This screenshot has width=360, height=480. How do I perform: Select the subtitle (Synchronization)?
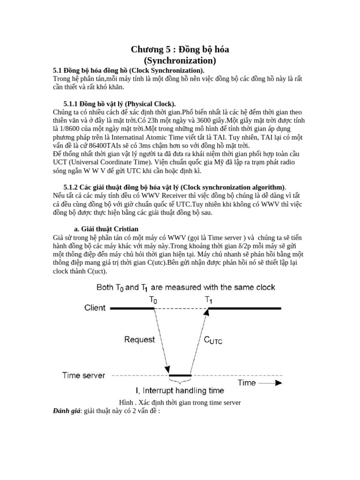(x=180, y=60)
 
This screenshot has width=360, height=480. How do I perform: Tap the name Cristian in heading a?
(x=124, y=228)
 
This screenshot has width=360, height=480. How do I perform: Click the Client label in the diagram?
(x=95, y=308)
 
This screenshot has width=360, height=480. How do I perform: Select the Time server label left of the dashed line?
(x=84, y=375)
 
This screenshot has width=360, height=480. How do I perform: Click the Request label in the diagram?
(x=140, y=340)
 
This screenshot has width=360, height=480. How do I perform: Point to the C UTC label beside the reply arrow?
(x=213, y=341)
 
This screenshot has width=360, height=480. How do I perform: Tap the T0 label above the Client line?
(x=153, y=299)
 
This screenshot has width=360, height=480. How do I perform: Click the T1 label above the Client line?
(x=209, y=299)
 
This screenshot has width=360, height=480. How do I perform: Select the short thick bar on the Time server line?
(x=180, y=375)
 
